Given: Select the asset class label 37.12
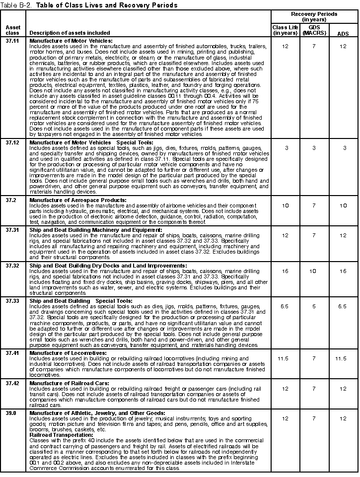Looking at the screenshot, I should [x=12, y=142].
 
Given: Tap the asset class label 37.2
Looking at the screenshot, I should [x=10, y=200].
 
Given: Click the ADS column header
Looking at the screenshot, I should [x=343, y=33].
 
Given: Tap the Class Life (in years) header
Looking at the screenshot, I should [x=285, y=30].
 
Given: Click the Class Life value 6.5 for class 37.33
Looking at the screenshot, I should [x=285, y=307].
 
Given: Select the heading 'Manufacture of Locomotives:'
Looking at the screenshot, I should [x=62, y=351].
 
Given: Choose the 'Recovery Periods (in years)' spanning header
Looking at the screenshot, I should [x=314, y=16].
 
